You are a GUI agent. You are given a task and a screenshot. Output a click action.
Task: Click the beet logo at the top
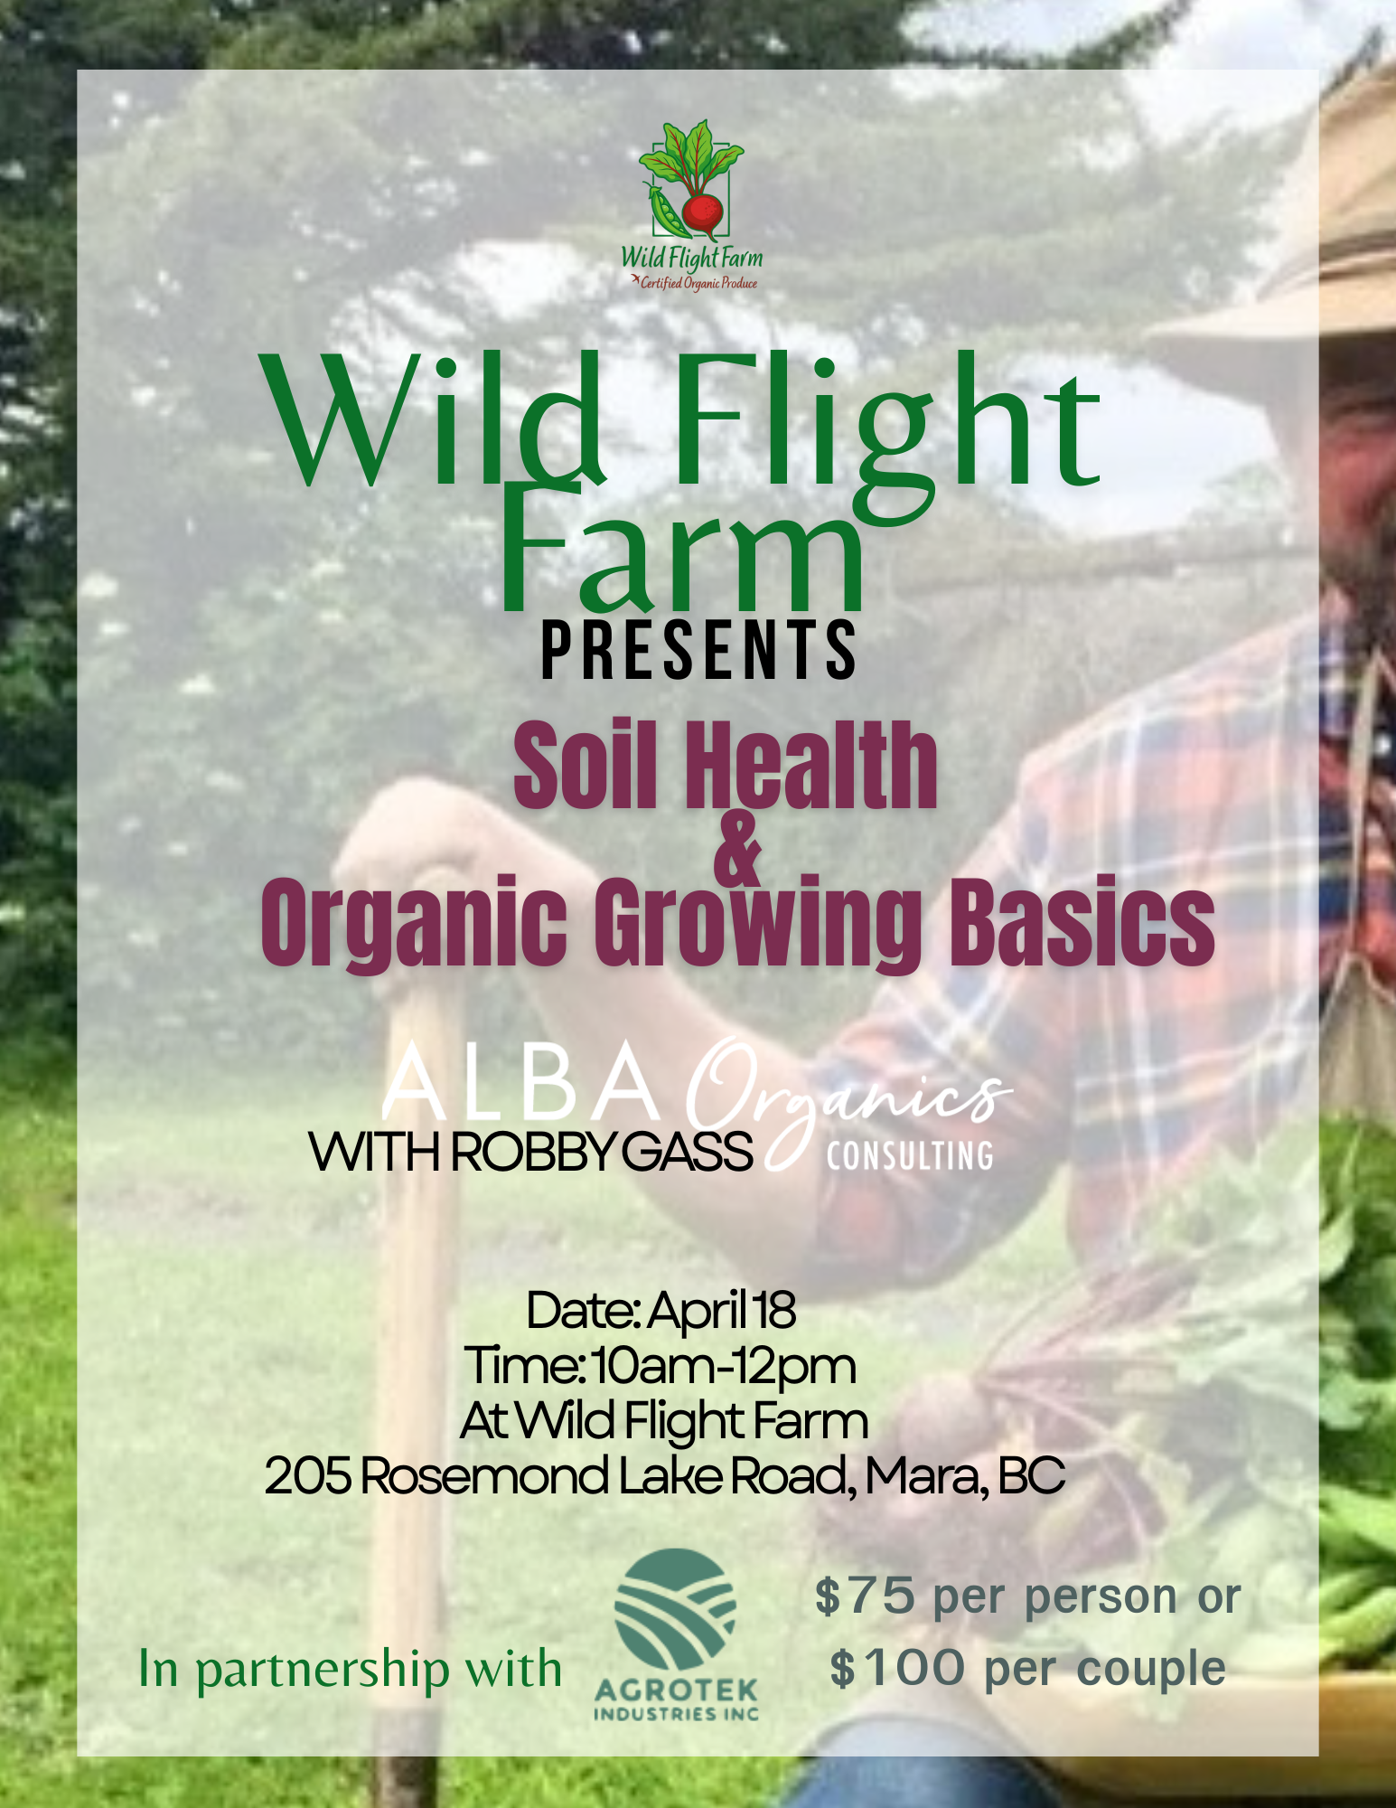(692, 181)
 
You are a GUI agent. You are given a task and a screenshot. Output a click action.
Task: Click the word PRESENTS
(698, 650)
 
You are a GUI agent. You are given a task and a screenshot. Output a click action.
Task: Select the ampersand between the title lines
(738, 850)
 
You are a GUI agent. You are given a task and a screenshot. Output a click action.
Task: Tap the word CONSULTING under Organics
(910, 1156)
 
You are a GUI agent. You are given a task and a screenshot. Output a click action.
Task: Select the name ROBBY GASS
(601, 1153)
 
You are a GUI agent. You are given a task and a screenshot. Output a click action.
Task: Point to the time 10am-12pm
(723, 1366)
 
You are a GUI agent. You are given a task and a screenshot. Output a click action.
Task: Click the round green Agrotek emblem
(675, 1609)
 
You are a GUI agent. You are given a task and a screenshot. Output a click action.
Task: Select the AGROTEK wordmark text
(676, 1689)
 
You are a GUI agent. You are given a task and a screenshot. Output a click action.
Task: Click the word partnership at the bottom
(322, 1671)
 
